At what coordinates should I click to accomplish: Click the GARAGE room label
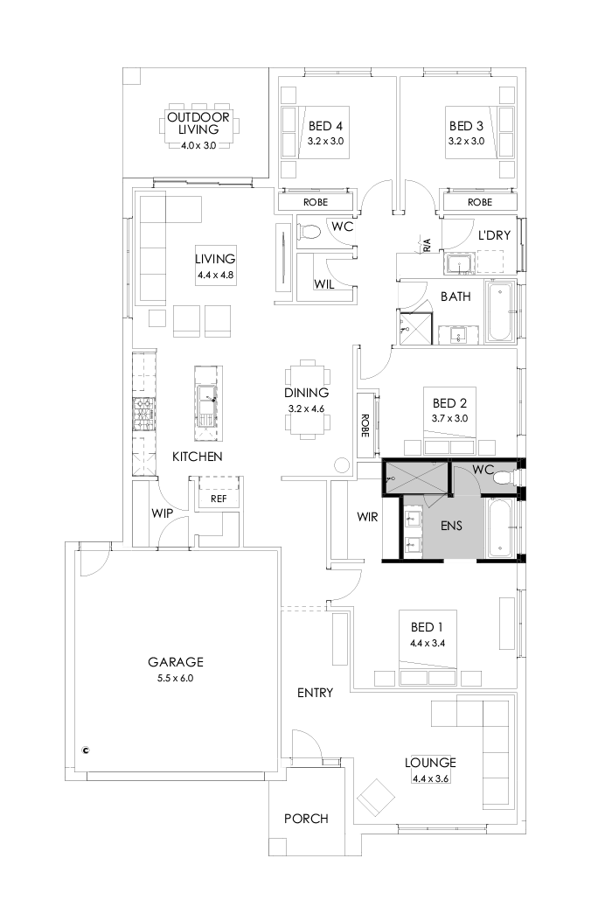pyautogui.click(x=176, y=662)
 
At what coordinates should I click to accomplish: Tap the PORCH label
pyautogui.click(x=306, y=819)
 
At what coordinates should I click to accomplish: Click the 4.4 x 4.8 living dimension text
pyautogui.click(x=215, y=275)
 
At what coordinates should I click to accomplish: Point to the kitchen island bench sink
pyautogui.click(x=206, y=398)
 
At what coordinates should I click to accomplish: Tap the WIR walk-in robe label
pyautogui.click(x=367, y=517)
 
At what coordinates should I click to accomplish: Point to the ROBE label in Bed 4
pyautogui.click(x=316, y=202)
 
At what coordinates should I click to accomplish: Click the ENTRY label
pyautogui.click(x=315, y=693)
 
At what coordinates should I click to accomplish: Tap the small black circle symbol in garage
pyautogui.click(x=86, y=749)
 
